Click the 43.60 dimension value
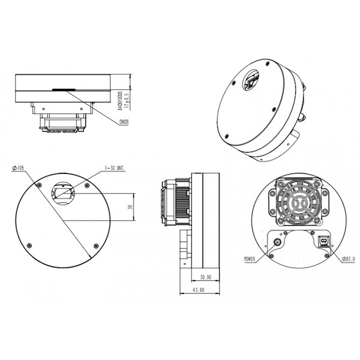pos(198,291)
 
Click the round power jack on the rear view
pos(277,242)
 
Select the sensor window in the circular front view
pos(62,193)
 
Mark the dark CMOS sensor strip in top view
pos(62,89)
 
